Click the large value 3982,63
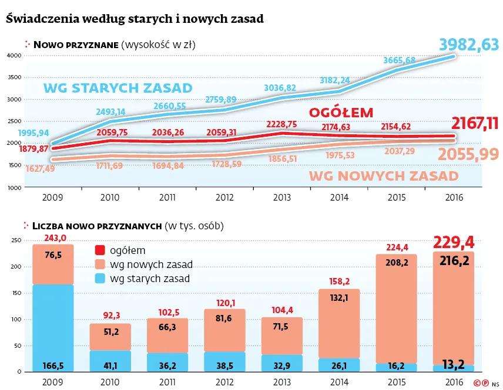tap(469, 44)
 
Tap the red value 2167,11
tap(475, 124)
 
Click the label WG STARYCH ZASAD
tap(118, 89)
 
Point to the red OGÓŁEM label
tap(341, 113)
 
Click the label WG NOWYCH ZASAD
tap(383, 175)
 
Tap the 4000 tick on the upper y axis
tap(14, 56)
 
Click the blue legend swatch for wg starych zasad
tap(100, 279)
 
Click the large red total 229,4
tap(453, 242)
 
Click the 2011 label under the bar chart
tap(167, 381)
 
